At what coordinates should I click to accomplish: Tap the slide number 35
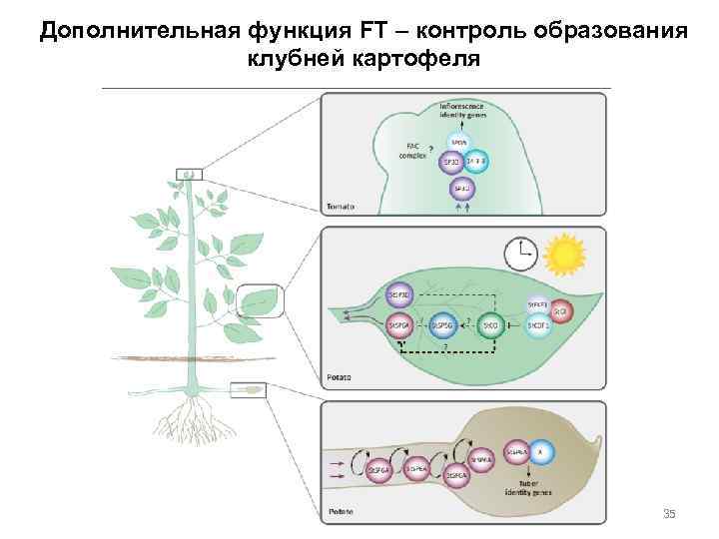[669, 514]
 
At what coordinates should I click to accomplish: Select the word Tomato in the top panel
[342, 207]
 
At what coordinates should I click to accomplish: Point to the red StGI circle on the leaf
[560, 311]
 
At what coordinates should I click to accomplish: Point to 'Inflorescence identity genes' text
[463, 110]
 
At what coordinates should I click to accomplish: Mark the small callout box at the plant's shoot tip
[189, 176]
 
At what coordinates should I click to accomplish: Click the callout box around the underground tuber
[249, 388]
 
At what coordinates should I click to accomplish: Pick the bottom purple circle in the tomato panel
[460, 189]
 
